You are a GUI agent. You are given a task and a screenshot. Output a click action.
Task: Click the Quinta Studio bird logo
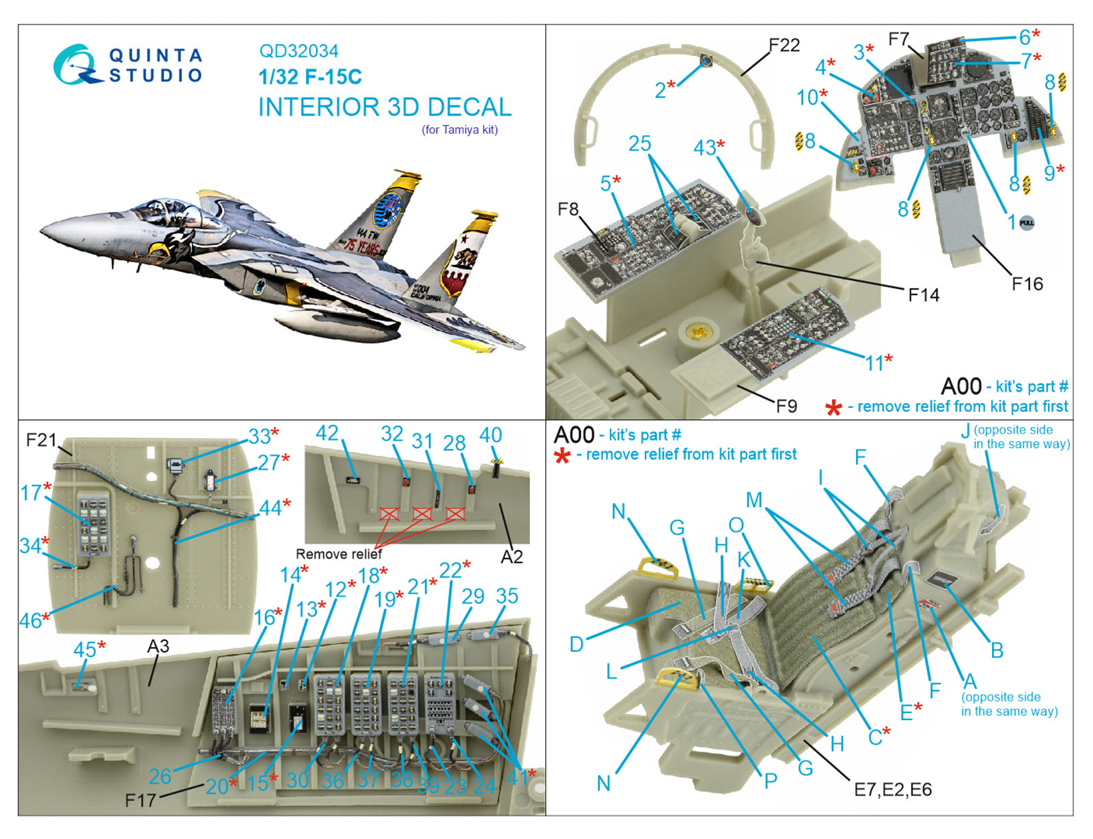click(x=77, y=65)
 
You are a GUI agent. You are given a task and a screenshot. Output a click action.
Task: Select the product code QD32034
click(x=299, y=51)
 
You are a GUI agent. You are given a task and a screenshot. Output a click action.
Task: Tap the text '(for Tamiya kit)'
click(x=459, y=130)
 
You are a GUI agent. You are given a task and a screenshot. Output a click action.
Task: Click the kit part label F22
click(x=784, y=45)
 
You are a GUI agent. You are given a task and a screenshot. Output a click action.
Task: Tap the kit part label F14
click(x=924, y=294)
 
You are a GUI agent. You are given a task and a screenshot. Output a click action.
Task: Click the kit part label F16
click(x=1027, y=284)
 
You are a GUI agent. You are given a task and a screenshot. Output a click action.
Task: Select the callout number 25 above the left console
click(x=640, y=143)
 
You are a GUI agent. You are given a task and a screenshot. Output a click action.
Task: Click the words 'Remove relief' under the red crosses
click(x=338, y=554)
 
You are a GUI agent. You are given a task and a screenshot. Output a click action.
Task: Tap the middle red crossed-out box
click(x=421, y=514)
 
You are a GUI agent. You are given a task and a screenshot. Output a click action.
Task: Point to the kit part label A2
click(x=511, y=557)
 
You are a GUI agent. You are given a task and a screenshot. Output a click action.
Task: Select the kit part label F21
click(x=40, y=439)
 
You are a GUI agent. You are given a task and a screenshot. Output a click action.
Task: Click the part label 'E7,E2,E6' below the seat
click(x=892, y=790)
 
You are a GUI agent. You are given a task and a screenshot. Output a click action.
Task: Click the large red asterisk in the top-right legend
click(x=833, y=409)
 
